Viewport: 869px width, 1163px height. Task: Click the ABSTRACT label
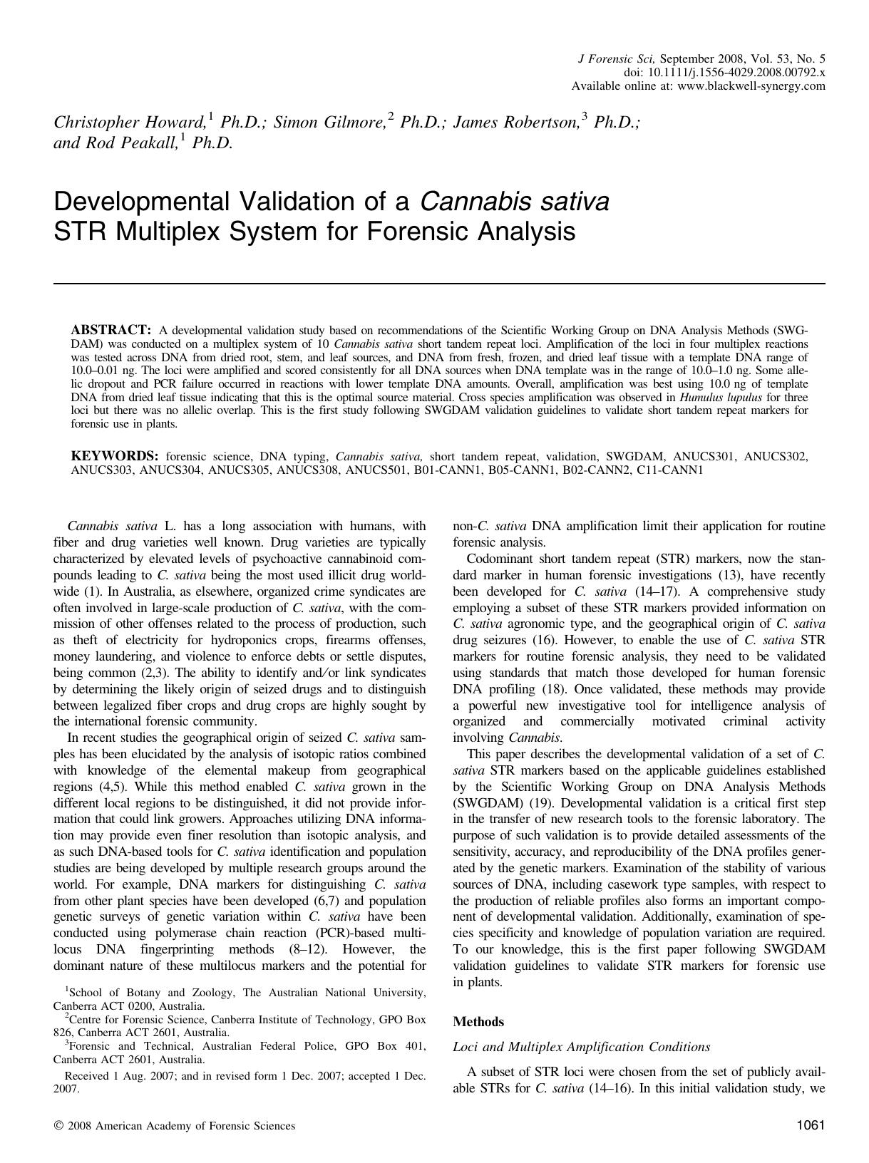[x=110, y=330]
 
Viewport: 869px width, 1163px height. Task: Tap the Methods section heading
[x=478, y=1022]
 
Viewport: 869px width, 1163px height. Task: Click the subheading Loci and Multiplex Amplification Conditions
[x=582, y=1047]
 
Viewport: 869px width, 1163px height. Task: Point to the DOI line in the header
[x=724, y=73]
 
